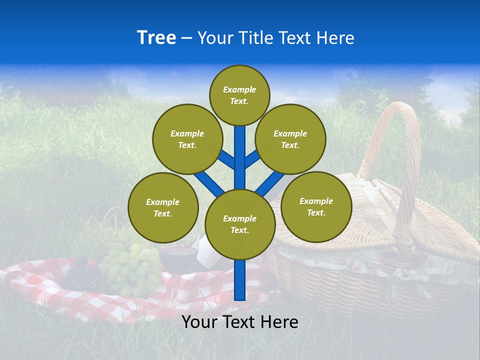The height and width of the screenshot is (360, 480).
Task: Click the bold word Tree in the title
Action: point(156,37)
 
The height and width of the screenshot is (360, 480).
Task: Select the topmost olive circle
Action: point(239,95)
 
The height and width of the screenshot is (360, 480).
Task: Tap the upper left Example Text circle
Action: point(187,139)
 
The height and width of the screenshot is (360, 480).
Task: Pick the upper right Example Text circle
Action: point(290,139)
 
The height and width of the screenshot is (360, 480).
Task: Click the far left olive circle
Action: point(163,207)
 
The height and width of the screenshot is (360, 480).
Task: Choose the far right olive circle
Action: point(316,206)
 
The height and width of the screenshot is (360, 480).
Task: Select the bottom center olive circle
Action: point(239,224)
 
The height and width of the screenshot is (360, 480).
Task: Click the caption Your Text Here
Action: point(239,321)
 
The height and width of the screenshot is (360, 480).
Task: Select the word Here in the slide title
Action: point(337,38)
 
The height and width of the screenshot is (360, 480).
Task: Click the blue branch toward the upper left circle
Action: point(226,160)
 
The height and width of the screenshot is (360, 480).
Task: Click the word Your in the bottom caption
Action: point(199,321)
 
